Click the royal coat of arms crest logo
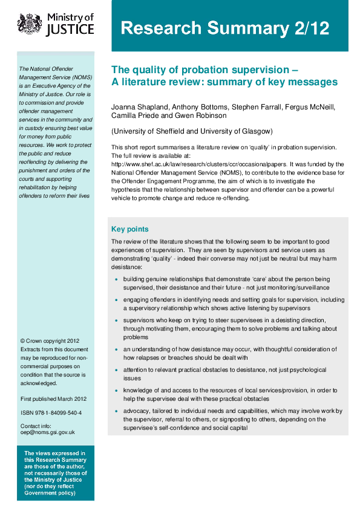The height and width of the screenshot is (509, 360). [x=28, y=24]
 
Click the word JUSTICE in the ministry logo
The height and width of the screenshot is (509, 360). [x=71, y=30]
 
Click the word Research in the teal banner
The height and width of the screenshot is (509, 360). [x=159, y=28]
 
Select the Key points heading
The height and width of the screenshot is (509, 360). [x=129, y=229]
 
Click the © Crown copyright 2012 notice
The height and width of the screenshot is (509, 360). [x=50, y=341]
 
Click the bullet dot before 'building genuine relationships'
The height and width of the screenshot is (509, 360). [x=116, y=280]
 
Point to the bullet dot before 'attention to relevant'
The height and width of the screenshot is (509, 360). [x=116, y=370]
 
